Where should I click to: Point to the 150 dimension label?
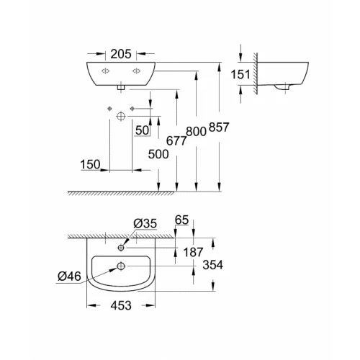click(x=90, y=165)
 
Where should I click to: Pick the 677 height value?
click(x=176, y=141)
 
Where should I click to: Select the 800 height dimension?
click(x=197, y=131)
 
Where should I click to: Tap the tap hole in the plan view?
click(x=120, y=248)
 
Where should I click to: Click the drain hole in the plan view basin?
click(x=120, y=266)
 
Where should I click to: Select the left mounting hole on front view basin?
click(x=104, y=71)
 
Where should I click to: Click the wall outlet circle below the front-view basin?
click(x=120, y=116)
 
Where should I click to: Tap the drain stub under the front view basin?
click(x=120, y=87)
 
